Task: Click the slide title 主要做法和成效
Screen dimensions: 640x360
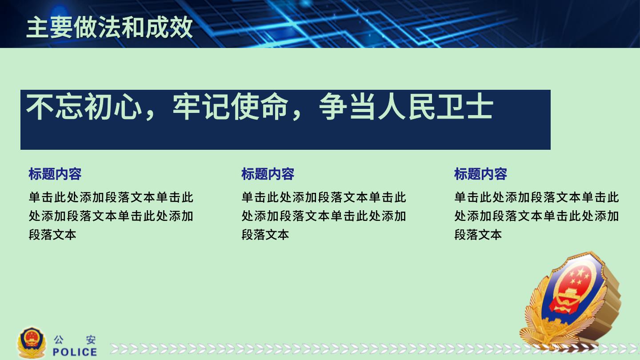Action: [109, 27]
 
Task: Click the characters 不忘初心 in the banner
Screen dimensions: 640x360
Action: [84, 106]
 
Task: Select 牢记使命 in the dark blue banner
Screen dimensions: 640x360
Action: [230, 106]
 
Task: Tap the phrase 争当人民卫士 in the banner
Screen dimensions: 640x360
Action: [406, 106]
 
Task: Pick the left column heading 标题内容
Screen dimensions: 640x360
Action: [55, 174]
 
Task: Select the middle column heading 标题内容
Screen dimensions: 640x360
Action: [268, 174]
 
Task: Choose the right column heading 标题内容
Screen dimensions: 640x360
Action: [480, 174]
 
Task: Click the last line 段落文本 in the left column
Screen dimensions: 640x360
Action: [52, 235]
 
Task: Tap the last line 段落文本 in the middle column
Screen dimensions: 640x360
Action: [265, 235]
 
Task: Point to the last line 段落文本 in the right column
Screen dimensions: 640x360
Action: [478, 235]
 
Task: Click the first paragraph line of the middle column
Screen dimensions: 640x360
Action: [324, 197]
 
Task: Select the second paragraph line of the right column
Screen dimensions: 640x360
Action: [536, 216]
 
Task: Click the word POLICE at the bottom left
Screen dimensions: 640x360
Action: [75, 352]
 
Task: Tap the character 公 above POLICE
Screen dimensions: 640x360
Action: [59, 340]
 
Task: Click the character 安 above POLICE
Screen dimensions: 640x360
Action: [91, 340]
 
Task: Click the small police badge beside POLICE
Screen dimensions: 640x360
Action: [32, 343]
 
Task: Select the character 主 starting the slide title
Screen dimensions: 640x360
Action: [38, 27]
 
